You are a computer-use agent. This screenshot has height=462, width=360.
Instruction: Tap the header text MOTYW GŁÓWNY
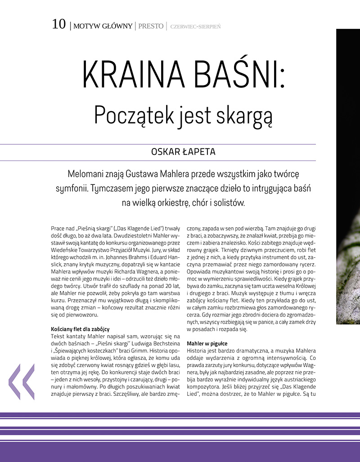(x=103, y=26)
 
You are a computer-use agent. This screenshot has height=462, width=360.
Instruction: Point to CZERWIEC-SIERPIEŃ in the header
(x=195, y=26)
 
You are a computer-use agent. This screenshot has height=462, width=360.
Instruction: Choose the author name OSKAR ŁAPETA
(x=183, y=152)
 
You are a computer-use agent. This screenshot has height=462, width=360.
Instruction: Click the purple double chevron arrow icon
(x=22, y=382)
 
